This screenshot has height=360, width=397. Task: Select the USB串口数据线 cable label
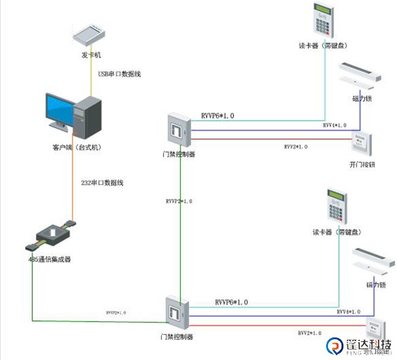pyautogui.click(x=120, y=74)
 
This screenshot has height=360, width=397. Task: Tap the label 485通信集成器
pyautogui.click(x=49, y=259)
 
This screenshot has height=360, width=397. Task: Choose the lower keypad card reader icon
pyautogui.click(x=335, y=207)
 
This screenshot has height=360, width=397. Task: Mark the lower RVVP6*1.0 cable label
pyautogui.click(x=231, y=302)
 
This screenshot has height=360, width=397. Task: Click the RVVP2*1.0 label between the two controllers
pyautogui.click(x=178, y=201)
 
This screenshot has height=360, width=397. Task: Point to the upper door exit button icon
pyautogui.click(x=362, y=142)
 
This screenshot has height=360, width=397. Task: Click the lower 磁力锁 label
pyautogui.click(x=375, y=285)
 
